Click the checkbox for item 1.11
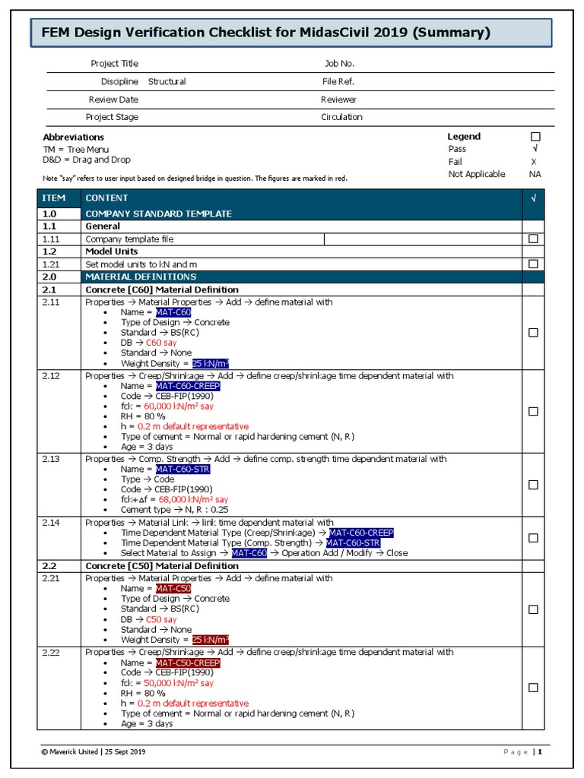533,239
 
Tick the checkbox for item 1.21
533,264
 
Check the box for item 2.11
533,332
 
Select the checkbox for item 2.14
533,538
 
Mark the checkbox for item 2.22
533,688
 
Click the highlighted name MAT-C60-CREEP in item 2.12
188,386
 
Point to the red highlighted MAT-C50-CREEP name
188,663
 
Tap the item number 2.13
51,459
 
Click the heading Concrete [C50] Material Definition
162,566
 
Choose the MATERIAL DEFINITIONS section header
141,277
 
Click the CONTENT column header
106,198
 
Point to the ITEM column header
53,198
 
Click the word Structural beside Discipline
167,81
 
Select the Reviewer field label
338,100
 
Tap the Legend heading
464,136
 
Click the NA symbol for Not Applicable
535,174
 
